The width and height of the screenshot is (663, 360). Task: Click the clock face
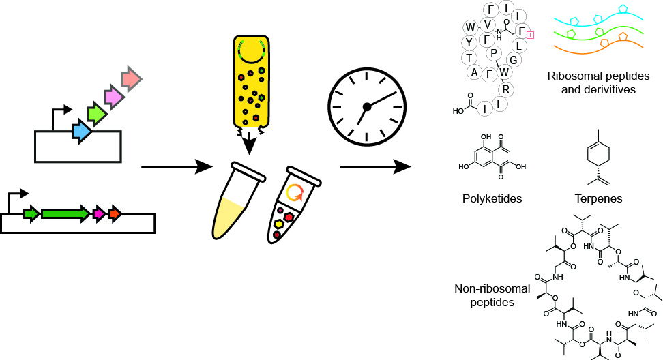tap(366, 106)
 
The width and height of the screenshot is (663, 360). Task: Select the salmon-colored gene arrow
tap(131, 80)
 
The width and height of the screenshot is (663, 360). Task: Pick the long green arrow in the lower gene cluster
tap(65, 213)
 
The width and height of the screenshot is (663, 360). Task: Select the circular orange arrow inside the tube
tap(295, 194)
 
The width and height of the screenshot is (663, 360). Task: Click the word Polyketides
tap(492, 198)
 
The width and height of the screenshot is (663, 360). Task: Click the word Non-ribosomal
tap(484, 289)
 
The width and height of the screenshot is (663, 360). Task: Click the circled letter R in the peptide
tap(506, 89)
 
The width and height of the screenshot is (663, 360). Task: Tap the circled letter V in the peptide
tap(487, 25)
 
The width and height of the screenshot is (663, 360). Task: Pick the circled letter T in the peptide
tap(471, 57)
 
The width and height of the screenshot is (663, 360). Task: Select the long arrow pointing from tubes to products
tap(375, 166)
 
